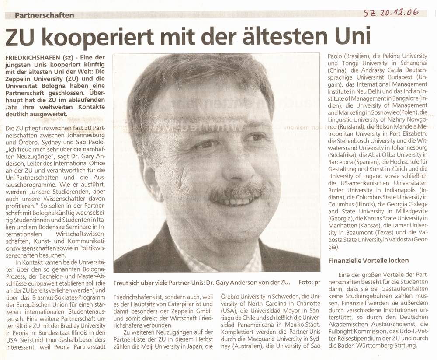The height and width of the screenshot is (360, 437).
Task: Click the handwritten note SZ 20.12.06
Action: (x=391, y=13)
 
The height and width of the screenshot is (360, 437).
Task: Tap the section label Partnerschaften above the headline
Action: (x=44, y=15)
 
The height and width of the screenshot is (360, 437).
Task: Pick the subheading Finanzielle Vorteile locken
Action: (x=368, y=261)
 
